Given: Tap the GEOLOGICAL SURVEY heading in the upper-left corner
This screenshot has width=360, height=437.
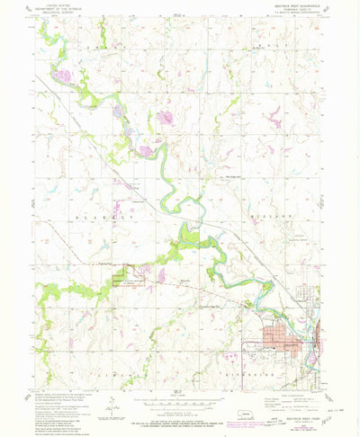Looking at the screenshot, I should [55, 14].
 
